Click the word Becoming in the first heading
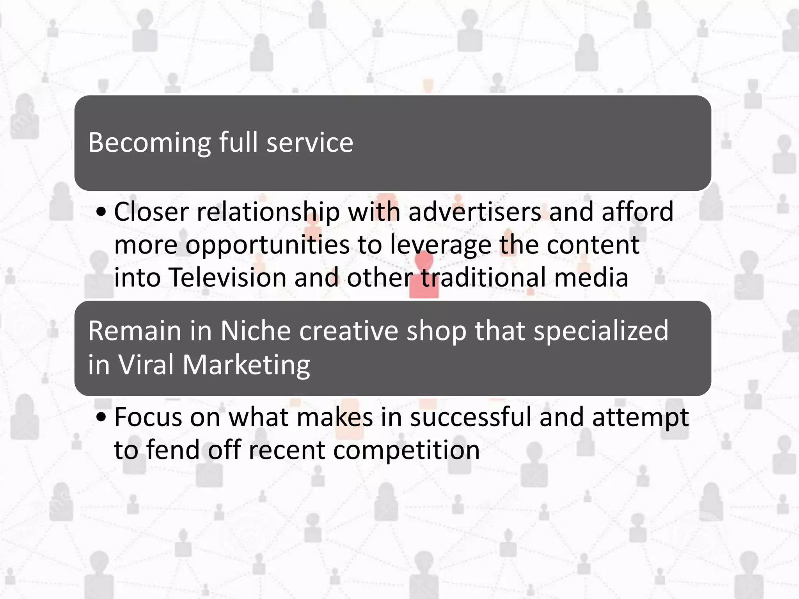click(x=149, y=143)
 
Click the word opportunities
click(x=267, y=245)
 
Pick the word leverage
click(x=441, y=245)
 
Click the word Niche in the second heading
click(x=256, y=331)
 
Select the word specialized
click(x=601, y=331)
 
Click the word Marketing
click(x=246, y=365)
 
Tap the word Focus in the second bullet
click(x=148, y=417)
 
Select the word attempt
click(x=640, y=417)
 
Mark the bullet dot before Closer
click(x=101, y=213)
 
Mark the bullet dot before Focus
click(x=101, y=418)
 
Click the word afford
click(x=637, y=212)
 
